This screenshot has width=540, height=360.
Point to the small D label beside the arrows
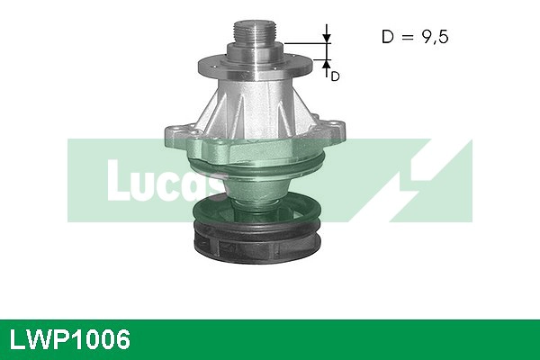click(x=335, y=76)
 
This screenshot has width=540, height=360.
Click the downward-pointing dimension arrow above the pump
click(x=327, y=36)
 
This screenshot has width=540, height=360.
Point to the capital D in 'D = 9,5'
click(x=388, y=37)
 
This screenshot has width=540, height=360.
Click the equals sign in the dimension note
click(x=408, y=38)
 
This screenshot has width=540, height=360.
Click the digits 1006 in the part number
click(x=100, y=340)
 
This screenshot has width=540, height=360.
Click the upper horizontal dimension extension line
click(x=306, y=42)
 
